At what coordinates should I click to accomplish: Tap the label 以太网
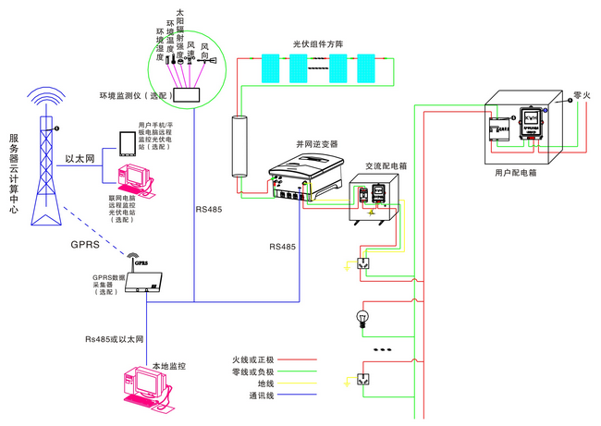click(80, 159)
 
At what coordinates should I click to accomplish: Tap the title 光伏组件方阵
click(317, 43)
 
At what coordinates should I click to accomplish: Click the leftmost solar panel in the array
click(272, 67)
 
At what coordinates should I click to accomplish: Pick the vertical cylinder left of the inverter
click(239, 149)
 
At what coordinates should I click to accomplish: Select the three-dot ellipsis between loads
click(381, 351)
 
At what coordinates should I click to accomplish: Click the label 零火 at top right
click(582, 95)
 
